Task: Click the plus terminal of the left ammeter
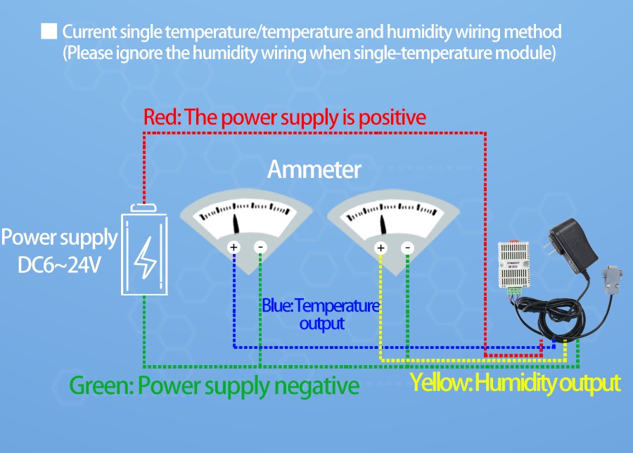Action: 234,247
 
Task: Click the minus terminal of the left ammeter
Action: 260,247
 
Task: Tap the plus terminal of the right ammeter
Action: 381,247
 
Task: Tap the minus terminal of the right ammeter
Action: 407,247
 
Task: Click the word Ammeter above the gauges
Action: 314,170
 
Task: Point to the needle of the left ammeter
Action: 236,225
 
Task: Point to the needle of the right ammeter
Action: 383,225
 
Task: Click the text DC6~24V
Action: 60,266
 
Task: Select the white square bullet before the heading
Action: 49,32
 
